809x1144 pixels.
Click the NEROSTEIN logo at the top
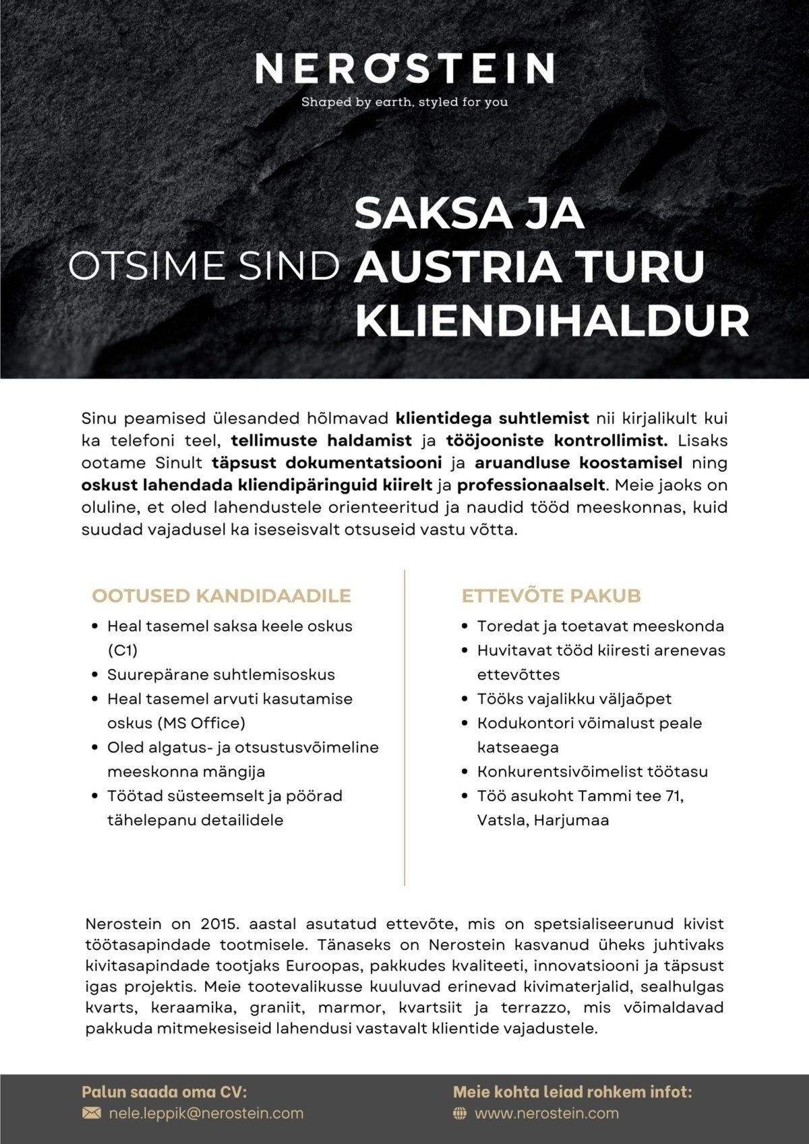pyautogui.click(x=404, y=69)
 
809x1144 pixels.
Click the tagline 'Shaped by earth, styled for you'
pyautogui.click(x=404, y=103)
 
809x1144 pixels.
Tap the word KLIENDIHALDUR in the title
pyautogui.click(x=552, y=321)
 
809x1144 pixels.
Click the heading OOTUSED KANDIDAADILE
pyautogui.click(x=222, y=596)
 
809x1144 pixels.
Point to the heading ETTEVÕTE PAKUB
pyautogui.click(x=551, y=596)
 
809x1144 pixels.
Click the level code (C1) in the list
pyautogui.click(x=123, y=651)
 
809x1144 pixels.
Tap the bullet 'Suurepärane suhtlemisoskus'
pyautogui.click(x=221, y=675)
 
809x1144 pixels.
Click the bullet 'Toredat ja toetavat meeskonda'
pyautogui.click(x=601, y=626)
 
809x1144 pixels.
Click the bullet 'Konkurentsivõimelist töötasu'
pyautogui.click(x=593, y=772)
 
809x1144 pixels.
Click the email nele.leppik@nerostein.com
pyautogui.click(x=206, y=1113)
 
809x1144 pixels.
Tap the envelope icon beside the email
pyautogui.click(x=91, y=1114)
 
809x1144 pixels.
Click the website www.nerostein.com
pyautogui.click(x=547, y=1113)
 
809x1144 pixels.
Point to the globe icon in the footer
pyautogui.click(x=460, y=1114)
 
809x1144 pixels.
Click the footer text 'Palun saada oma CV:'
pyautogui.click(x=164, y=1091)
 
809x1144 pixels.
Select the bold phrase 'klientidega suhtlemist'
pyautogui.click(x=493, y=419)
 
